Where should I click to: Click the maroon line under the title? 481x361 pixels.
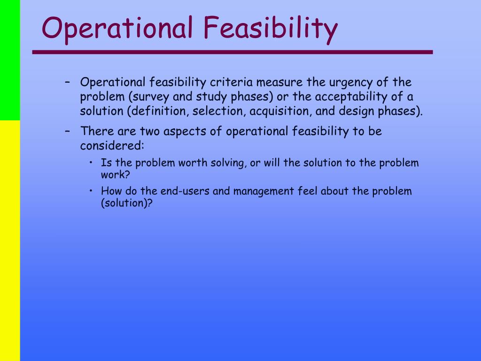point(233,52)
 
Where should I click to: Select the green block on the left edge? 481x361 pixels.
point(10,60)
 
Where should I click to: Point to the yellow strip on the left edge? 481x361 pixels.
point(10,241)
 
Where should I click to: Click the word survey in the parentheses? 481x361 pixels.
point(149,97)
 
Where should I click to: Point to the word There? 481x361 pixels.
point(97,131)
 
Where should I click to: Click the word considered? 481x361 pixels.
point(112,146)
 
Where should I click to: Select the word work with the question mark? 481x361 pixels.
point(116,175)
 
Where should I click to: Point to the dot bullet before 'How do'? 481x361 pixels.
point(91,191)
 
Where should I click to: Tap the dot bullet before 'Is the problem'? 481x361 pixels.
point(91,162)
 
